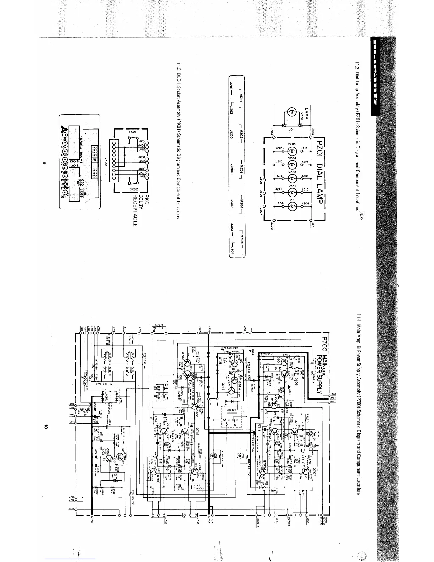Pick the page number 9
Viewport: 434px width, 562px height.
pyautogui.click(x=45, y=164)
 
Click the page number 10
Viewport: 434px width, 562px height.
pyautogui.click(x=45, y=428)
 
